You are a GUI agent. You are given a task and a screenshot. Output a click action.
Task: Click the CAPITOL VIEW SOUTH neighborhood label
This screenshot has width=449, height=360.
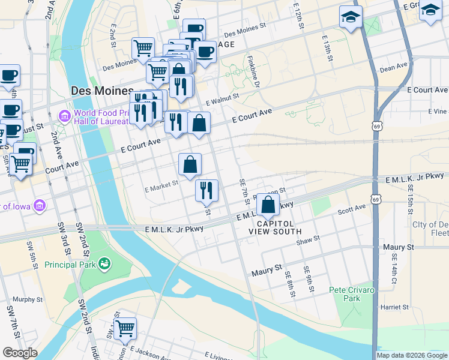tap(277, 227)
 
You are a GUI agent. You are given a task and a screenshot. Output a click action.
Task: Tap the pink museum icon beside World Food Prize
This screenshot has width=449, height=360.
tap(64, 115)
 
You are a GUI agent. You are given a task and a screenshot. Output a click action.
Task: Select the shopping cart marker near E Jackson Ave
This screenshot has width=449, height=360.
tap(125, 328)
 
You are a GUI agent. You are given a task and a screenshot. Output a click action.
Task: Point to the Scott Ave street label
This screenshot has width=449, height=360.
tap(351, 209)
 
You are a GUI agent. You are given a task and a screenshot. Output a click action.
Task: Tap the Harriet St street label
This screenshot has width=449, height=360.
tap(394, 307)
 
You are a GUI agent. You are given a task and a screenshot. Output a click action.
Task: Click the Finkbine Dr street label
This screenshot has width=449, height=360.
tap(252, 71)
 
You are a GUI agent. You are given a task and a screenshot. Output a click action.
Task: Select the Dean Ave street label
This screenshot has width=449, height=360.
tap(394, 67)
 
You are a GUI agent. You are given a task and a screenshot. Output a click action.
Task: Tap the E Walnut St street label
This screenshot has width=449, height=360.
tap(222, 98)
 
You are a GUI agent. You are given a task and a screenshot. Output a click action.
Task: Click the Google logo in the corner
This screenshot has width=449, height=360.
tap(20, 353)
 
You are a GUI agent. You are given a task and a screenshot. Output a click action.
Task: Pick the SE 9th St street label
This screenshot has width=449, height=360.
tap(309, 279)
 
